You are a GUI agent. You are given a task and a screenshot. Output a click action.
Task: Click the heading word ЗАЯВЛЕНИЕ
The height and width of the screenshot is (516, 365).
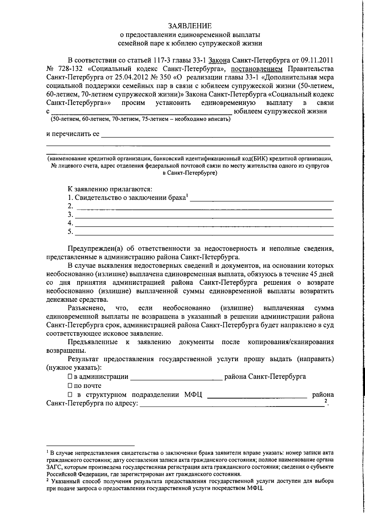click(x=191, y=26)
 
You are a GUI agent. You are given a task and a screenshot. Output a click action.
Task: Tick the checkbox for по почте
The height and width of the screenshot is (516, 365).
click(x=70, y=385)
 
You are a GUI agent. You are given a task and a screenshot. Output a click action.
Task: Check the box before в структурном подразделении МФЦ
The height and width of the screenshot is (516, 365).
click(x=70, y=395)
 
